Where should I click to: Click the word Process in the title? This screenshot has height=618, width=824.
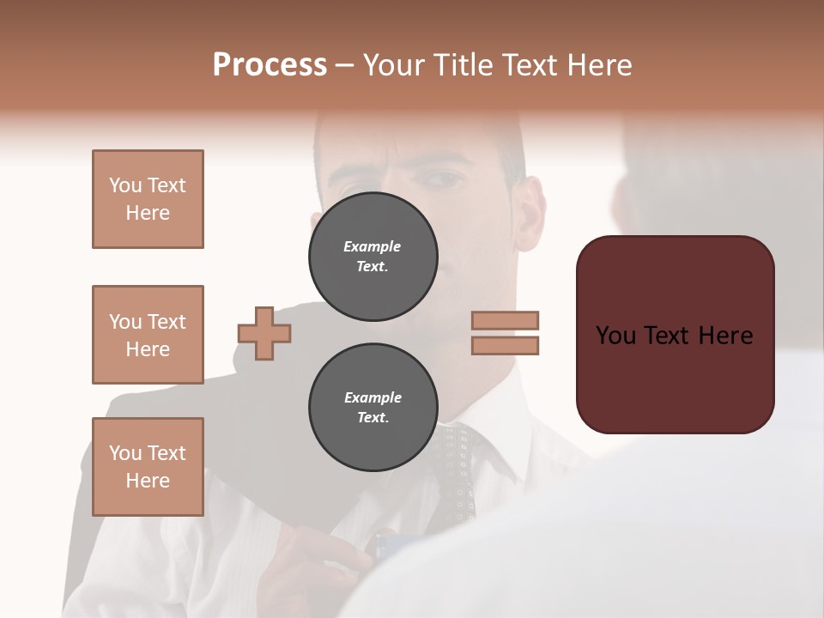click(270, 65)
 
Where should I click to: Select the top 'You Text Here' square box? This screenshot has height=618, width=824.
click(148, 199)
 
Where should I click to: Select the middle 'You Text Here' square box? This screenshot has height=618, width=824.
click(148, 335)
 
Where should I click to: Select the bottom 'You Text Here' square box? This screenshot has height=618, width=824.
click(148, 467)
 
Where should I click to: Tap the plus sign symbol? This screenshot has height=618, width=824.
click(264, 333)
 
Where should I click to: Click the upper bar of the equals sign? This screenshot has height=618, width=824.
click(506, 320)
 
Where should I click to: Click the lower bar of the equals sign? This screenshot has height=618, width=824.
click(506, 345)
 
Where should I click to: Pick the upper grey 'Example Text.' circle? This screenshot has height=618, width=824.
click(373, 257)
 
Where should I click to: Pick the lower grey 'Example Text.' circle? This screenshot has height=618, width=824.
click(373, 408)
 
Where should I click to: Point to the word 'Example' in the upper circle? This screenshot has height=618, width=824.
click(372, 246)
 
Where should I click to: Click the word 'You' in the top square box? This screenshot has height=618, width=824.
click(125, 185)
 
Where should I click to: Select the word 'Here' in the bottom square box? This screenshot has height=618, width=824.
click(148, 481)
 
